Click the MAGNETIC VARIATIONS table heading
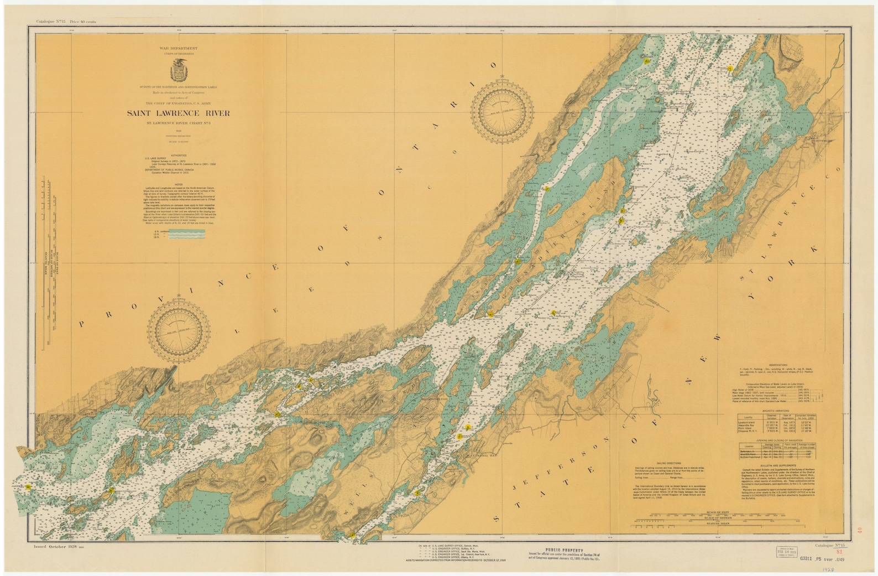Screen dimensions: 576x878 [x=771, y=409]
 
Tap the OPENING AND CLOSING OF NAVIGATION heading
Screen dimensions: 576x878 [x=771, y=441]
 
